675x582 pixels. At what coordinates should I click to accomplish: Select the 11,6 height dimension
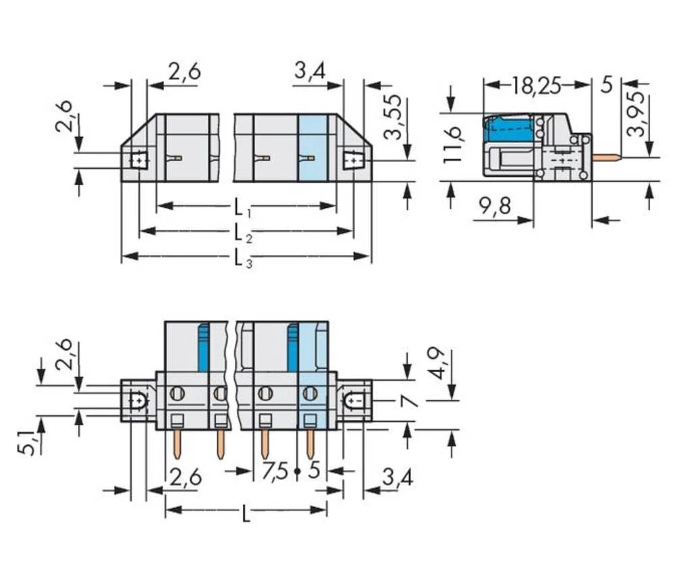click(454, 143)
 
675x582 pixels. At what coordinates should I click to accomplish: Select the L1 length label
click(242, 207)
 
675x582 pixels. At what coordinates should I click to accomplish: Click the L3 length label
click(242, 257)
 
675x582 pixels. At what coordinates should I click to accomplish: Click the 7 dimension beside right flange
click(408, 402)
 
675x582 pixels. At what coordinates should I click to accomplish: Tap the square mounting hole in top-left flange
click(139, 160)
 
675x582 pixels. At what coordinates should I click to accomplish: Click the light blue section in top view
click(312, 147)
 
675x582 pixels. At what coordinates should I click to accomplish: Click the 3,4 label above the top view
click(310, 70)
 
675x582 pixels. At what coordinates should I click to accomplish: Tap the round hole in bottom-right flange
click(353, 402)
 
